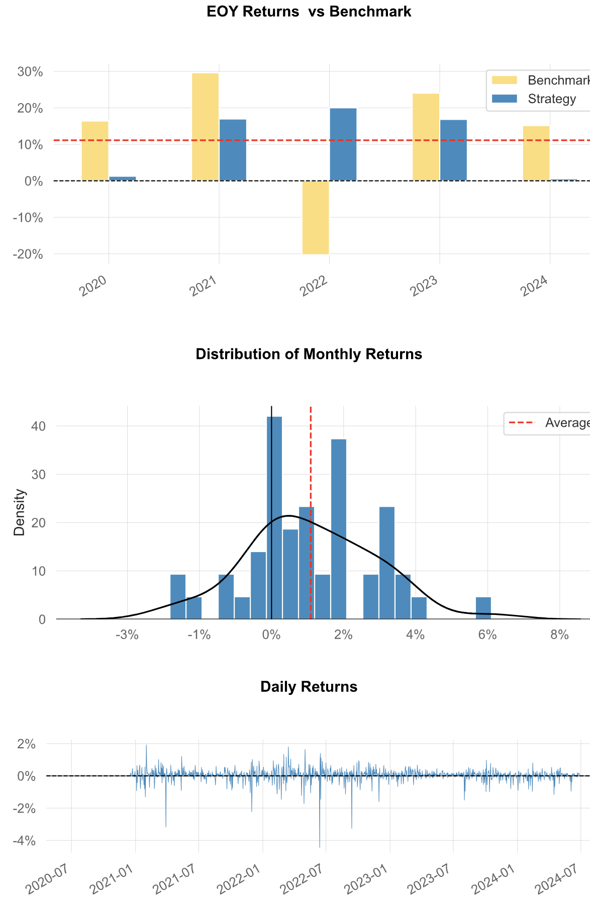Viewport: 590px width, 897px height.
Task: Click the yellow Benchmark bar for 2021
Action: [x=205, y=127]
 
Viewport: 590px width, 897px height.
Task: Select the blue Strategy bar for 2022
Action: [x=343, y=144]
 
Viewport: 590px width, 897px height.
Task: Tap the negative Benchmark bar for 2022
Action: [x=316, y=217]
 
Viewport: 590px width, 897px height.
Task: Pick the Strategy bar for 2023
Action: [x=453, y=150]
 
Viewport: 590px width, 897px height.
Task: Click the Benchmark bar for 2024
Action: [x=536, y=153]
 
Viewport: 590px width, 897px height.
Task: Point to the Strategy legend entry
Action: [x=552, y=99]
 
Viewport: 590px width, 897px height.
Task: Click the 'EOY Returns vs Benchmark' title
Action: [x=309, y=12]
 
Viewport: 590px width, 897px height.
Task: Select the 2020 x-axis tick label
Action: [x=93, y=286]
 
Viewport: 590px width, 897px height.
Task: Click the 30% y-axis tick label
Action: [x=30, y=71]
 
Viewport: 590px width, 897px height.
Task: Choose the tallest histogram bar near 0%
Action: [x=274, y=518]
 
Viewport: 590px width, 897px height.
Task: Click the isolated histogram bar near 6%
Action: [x=483, y=608]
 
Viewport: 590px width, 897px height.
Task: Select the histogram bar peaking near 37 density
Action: [x=339, y=529]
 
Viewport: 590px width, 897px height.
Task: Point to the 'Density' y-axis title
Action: [x=19, y=512]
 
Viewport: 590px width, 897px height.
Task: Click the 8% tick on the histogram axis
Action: [x=559, y=635]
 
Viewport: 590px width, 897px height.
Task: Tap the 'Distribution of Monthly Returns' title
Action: [x=309, y=354]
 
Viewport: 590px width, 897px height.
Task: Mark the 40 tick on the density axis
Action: [x=38, y=426]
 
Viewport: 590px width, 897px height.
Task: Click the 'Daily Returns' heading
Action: [x=309, y=687]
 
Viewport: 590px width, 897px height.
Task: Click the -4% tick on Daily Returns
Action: [x=26, y=840]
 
